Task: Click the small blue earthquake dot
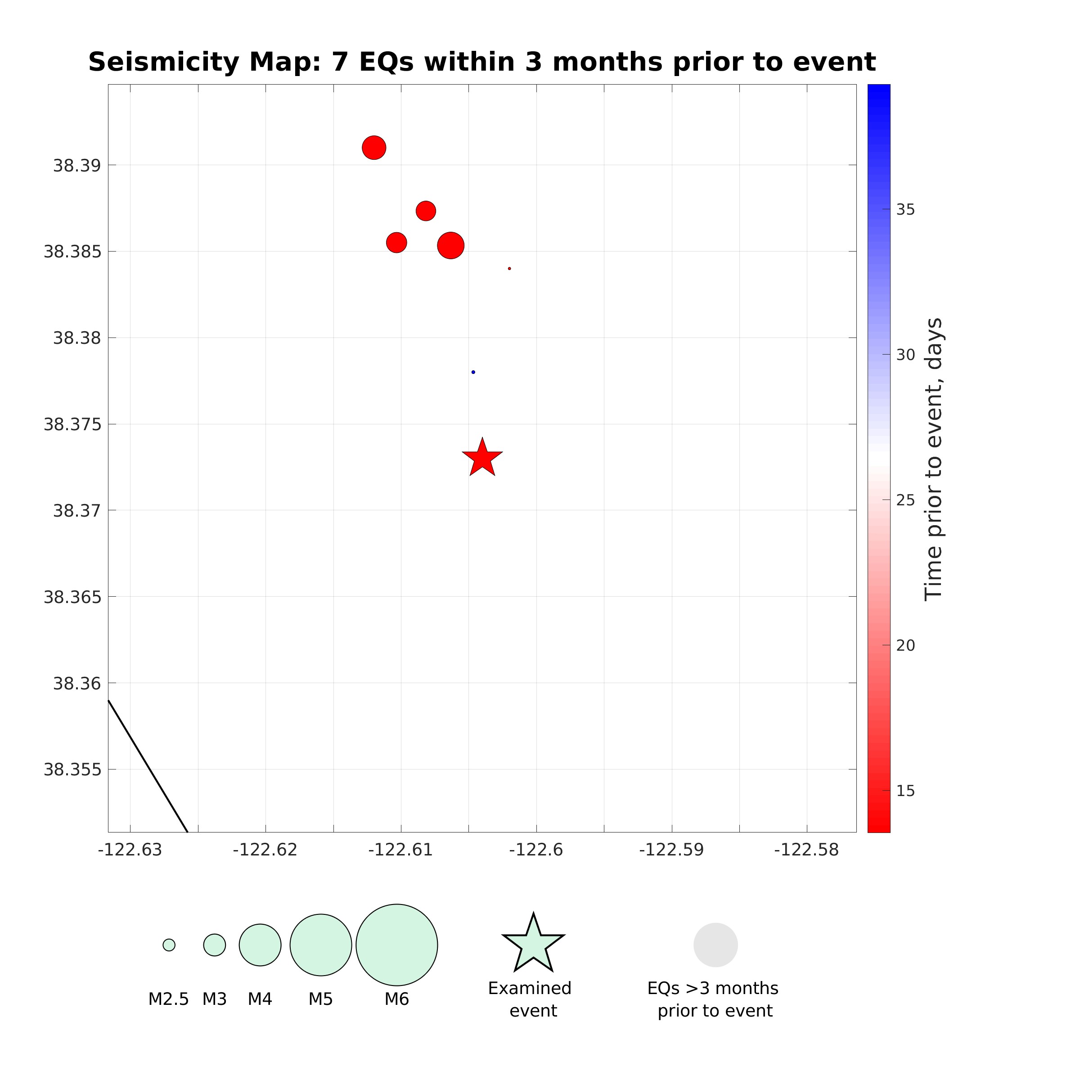point(473,372)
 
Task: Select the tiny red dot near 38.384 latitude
point(509,268)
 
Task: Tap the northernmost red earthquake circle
point(374,148)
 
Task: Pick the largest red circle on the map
point(450,245)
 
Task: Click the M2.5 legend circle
point(169,945)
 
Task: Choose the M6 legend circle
point(396,945)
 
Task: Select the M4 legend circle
point(260,945)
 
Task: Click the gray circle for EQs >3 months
point(715,945)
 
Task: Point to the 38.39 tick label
point(77,166)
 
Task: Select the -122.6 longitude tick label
point(535,850)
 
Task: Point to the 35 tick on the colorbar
point(905,210)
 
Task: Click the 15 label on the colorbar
point(905,791)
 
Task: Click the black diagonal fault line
point(148,766)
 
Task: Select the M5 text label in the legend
point(320,999)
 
